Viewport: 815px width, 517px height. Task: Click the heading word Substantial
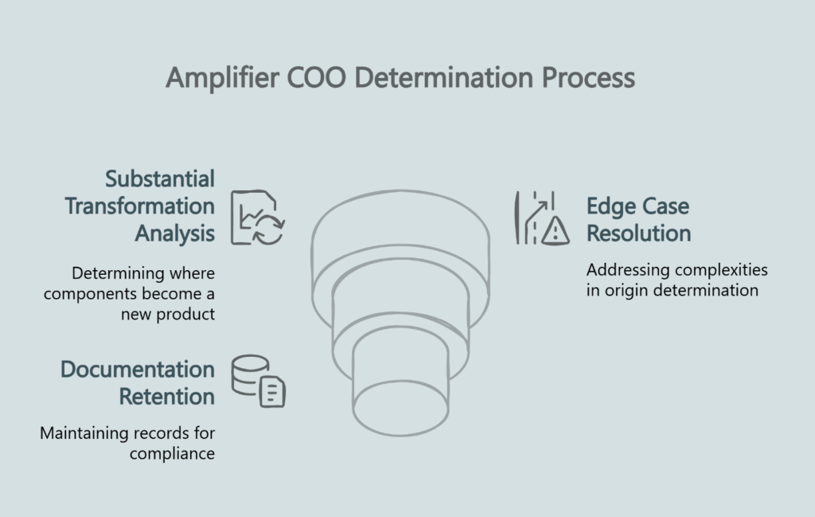click(160, 178)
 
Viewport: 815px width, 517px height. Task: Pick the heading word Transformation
click(140, 206)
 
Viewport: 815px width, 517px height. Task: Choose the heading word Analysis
click(174, 233)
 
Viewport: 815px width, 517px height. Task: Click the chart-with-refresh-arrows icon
click(258, 217)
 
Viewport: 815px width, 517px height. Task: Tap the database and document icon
click(258, 381)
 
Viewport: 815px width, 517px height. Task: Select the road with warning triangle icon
click(542, 217)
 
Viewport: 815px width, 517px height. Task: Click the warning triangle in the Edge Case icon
click(556, 231)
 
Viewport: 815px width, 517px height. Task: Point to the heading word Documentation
click(138, 370)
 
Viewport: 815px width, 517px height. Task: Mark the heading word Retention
click(167, 396)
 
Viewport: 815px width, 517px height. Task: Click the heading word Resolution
click(638, 233)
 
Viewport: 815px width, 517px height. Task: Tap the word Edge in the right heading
click(612, 206)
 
